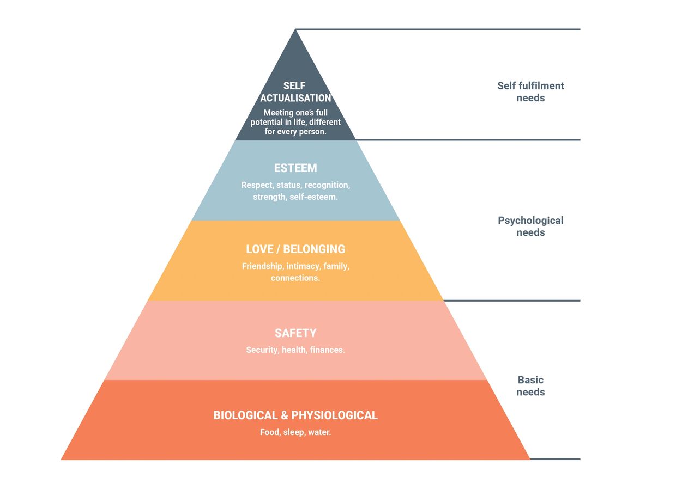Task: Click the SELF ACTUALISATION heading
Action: point(295,92)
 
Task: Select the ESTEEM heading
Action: point(295,168)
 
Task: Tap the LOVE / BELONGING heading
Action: point(295,249)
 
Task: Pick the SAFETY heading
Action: point(295,333)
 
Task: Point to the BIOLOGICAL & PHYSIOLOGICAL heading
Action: point(295,415)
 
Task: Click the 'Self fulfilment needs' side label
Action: point(530,92)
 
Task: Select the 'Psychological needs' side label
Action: point(530,226)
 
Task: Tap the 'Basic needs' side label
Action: point(530,386)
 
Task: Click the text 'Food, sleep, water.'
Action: point(295,433)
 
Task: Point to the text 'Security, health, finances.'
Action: point(295,350)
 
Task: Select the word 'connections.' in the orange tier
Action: point(295,278)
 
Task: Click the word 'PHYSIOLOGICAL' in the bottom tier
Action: point(334,415)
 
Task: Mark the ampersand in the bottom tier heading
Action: point(284,415)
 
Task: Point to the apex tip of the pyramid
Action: point(295,30)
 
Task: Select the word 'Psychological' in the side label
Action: point(530,221)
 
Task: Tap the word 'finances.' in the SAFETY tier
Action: point(327,350)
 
